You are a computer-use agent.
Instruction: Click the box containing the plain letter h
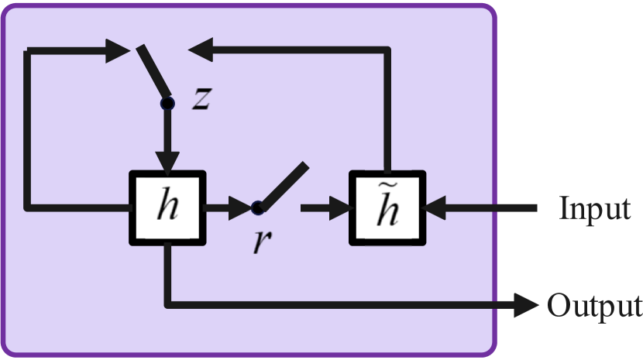point(167,207)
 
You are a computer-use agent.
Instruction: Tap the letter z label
point(201,99)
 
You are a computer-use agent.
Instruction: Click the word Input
point(594,208)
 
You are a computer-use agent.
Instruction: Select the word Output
point(594,306)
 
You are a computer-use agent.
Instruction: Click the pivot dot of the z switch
point(167,102)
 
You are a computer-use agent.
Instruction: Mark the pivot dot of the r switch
point(258,207)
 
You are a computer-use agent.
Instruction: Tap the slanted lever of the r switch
point(284,186)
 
